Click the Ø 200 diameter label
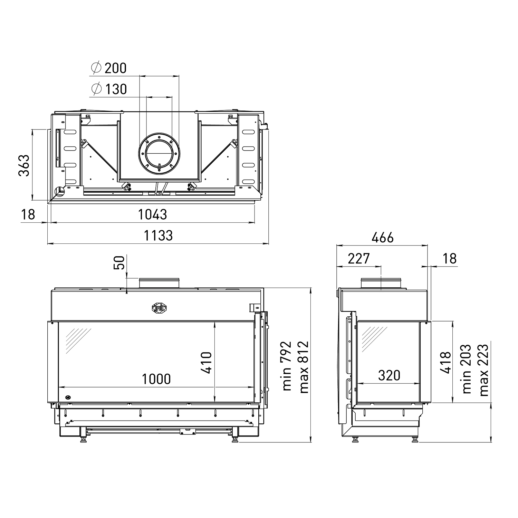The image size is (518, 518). [x=109, y=68]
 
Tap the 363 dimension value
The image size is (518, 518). [x=24, y=165]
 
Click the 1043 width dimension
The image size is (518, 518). [x=152, y=215]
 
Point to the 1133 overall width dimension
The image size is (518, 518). [x=158, y=236]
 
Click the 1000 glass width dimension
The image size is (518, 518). [x=156, y=379]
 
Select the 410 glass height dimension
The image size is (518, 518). [x=207, y=363]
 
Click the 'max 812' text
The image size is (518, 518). [x=304, y=367]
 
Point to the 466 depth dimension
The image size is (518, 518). [x=382, y=238]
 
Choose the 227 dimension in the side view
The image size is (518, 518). [x=358, y=259]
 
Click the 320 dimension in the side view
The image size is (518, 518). [x=389, y=375]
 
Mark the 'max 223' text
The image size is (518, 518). [x=483, y=370]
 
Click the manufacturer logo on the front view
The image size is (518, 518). [x=159, y=308]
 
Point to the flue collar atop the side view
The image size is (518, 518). [x=381, y=283]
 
